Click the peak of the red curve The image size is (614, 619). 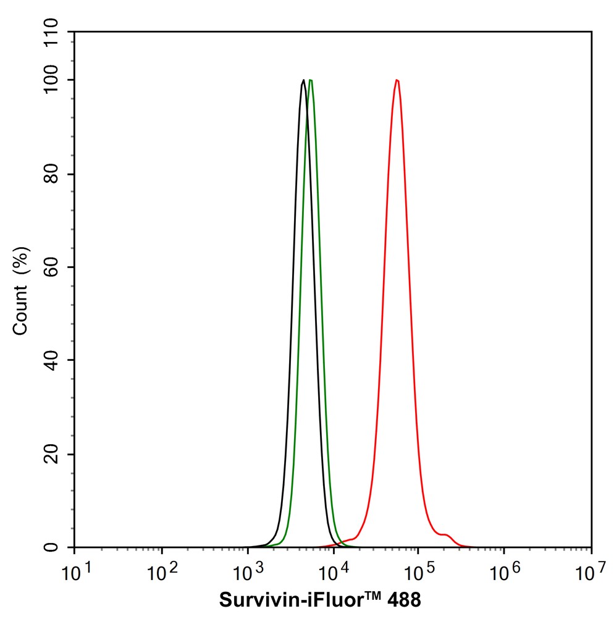(397, 80)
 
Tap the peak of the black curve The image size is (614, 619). (303, 80)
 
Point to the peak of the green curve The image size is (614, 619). (311, 80)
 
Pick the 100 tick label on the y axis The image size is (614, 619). (53, 80)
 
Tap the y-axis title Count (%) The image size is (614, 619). (21, 290)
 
